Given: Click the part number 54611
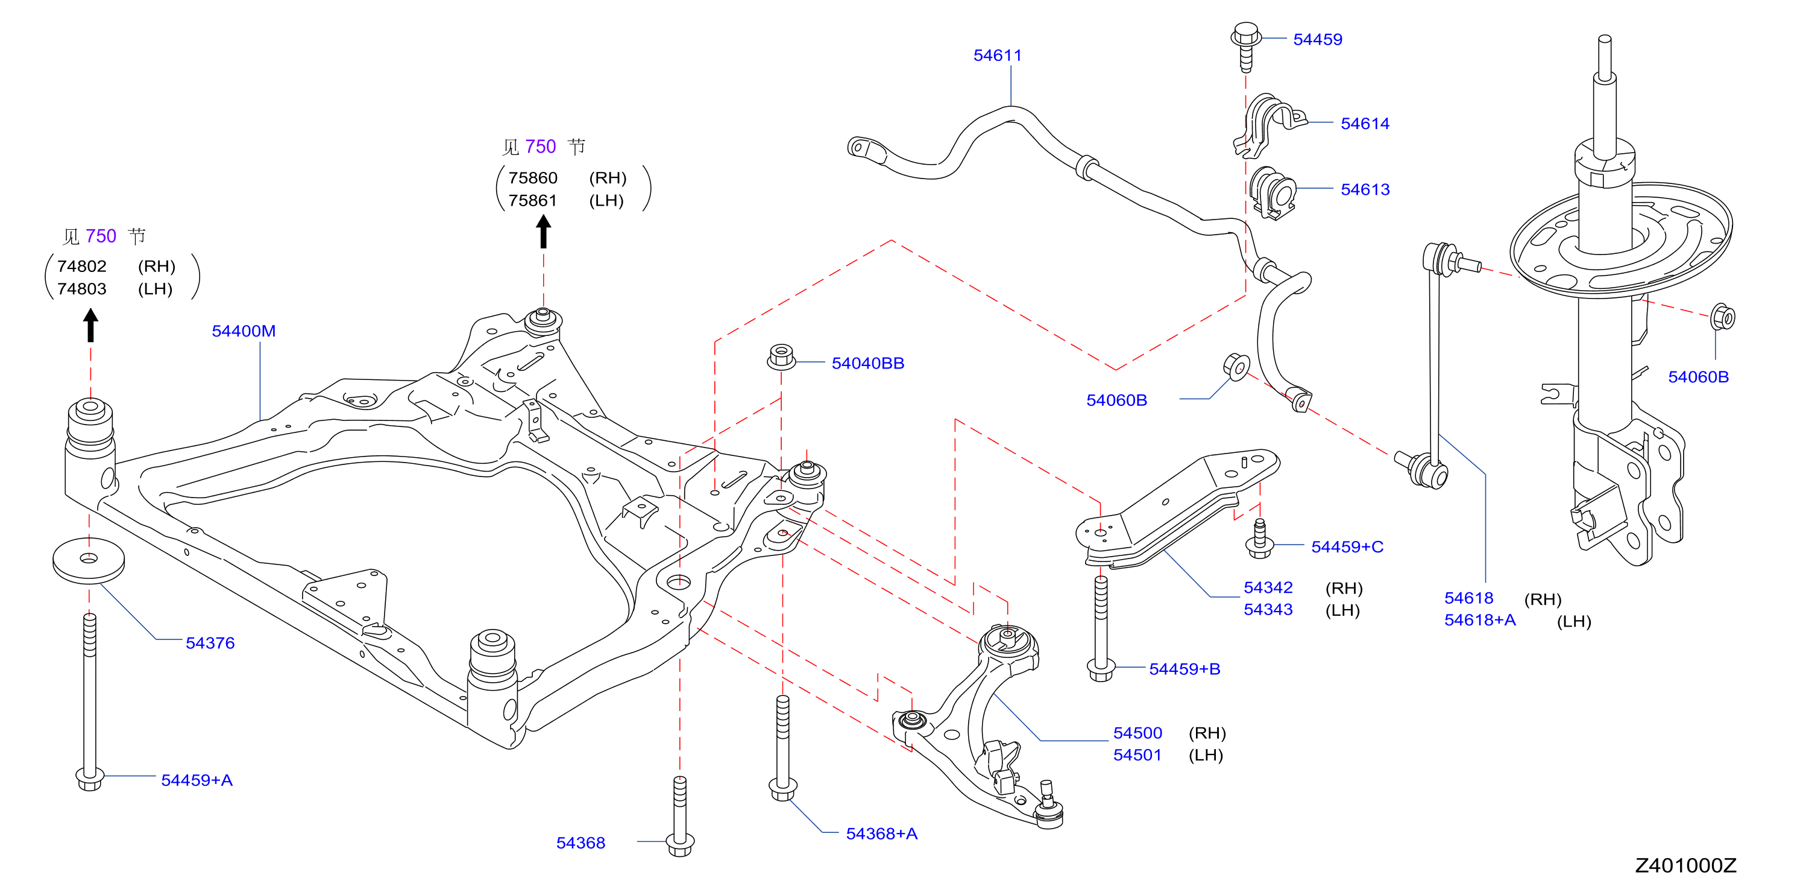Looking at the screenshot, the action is [997, 55].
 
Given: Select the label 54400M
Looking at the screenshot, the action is [244, 331].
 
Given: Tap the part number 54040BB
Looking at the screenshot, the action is [868, 363].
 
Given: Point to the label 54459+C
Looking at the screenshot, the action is [1347, 546].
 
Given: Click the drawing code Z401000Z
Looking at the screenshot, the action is [1685, 865].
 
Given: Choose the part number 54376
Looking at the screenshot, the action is [210, 643].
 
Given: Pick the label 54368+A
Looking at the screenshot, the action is [881, 834].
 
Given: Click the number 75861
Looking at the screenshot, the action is [532, 200].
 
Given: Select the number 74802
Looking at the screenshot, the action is [82, 266].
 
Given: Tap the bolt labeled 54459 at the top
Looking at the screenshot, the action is [1246, 46].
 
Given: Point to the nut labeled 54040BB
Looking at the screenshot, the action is [781, 357].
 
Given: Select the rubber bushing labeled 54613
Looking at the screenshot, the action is [1273, 192].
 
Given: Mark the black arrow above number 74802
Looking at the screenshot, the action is [90, 326].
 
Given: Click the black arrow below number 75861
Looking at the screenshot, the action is [543, 231].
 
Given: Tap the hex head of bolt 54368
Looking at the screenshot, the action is [680, 845].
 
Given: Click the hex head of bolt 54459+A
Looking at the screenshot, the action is [90, 779].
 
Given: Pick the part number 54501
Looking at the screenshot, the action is [1137, 755].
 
